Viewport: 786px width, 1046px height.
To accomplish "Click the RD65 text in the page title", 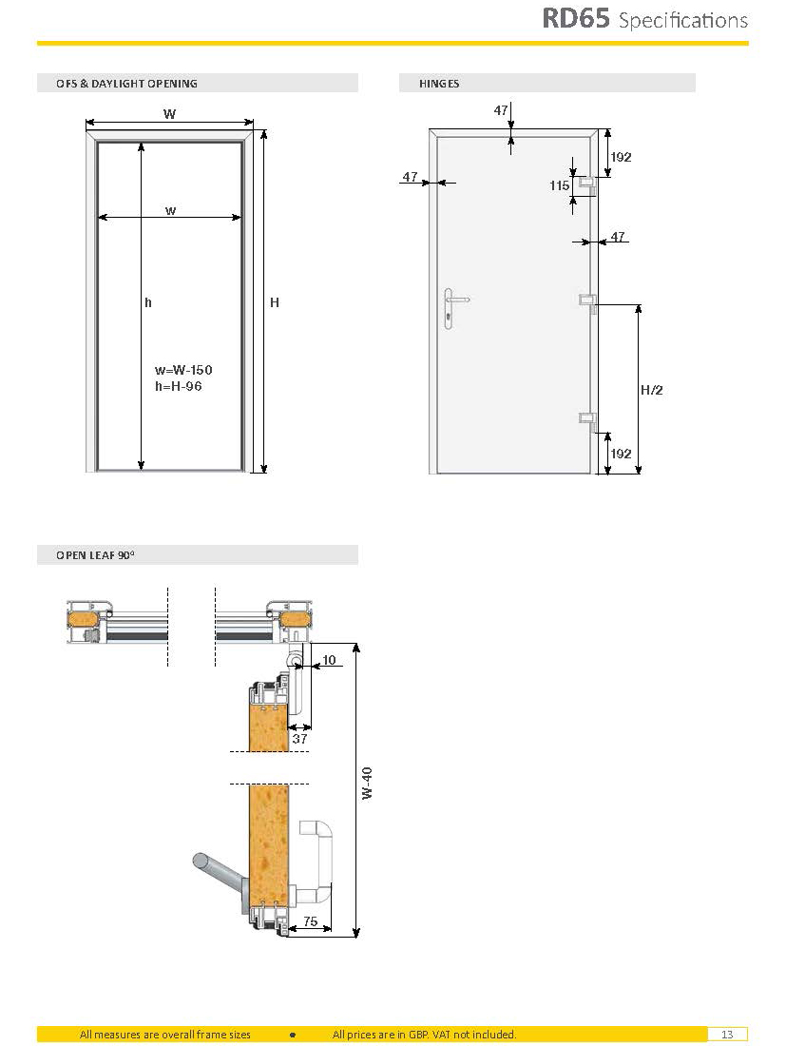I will click(575, 19).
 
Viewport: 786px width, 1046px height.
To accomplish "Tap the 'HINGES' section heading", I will click(439, 84).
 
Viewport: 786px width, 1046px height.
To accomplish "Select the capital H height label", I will click(275, 302).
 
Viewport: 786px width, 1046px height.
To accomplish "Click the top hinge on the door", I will click(587, 182).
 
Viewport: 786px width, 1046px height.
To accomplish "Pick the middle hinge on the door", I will click(587, 300).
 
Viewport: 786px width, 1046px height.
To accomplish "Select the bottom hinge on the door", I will click(587, 418).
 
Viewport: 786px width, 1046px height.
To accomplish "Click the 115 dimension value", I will click(560, 186).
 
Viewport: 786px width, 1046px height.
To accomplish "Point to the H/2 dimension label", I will click(651, 390).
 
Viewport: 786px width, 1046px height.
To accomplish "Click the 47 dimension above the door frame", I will click(501, 110).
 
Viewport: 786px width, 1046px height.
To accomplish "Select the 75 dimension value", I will click(310, 921).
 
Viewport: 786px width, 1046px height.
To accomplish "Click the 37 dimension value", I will click(299, 739).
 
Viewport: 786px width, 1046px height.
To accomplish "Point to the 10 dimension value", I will click(329, 659).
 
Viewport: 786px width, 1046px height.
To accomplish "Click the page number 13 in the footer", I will click(727, 1035).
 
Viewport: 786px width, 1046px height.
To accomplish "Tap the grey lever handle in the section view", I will click(217, 873).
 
